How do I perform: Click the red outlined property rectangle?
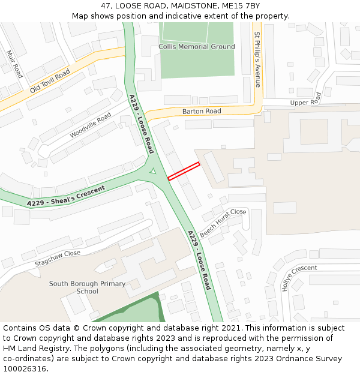pos(184,171)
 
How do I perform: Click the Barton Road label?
pos(202,112)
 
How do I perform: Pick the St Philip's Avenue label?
pos(257,59)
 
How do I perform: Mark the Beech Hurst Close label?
pos(223,223)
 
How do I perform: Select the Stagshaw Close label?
pos(58,257)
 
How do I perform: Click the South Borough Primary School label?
pos(87,287)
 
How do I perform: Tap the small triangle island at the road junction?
pos(153,172)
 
